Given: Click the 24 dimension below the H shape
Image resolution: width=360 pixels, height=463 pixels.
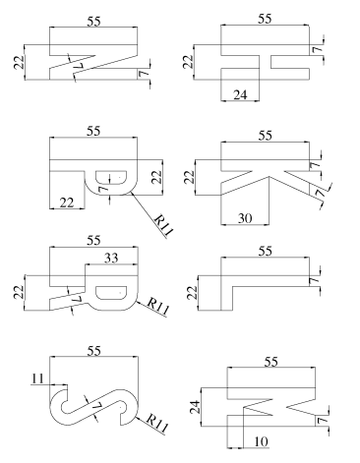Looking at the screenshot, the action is pos(240,95).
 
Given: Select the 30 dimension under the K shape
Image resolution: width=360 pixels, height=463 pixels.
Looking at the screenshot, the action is pos(245,218).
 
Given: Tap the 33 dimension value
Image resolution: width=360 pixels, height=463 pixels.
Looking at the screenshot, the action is pos(111,259).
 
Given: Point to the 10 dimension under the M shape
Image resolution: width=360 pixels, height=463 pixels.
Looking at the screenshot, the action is pos(262,442).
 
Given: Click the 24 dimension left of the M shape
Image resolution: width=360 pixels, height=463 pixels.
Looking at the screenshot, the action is pos(196,407).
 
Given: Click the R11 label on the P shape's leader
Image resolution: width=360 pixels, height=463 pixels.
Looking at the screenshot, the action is pos(163,225).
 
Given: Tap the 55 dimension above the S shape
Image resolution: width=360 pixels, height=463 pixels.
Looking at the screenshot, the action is pos(93,351).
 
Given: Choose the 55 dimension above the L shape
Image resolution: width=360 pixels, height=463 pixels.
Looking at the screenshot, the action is pos(265,252).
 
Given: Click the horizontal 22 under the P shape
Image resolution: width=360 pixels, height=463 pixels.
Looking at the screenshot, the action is pos(67,203).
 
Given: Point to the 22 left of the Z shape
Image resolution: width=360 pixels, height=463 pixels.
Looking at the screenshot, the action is pos(20,62).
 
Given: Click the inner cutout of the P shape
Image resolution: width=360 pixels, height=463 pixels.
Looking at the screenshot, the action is pos(111,177).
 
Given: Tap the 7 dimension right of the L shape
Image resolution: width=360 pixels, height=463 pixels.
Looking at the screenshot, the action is pos(314,281).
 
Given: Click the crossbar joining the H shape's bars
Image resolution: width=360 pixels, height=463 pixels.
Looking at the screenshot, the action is pos(266,62).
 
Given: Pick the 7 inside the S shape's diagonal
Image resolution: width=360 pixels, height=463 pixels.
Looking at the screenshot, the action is pos(96,406).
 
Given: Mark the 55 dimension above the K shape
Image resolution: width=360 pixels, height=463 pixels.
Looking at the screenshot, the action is pos(265,135).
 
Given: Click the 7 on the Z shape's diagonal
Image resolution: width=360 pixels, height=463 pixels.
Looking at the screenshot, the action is pos(79,65).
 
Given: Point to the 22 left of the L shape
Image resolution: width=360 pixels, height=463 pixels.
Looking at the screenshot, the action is pos(193,293).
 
